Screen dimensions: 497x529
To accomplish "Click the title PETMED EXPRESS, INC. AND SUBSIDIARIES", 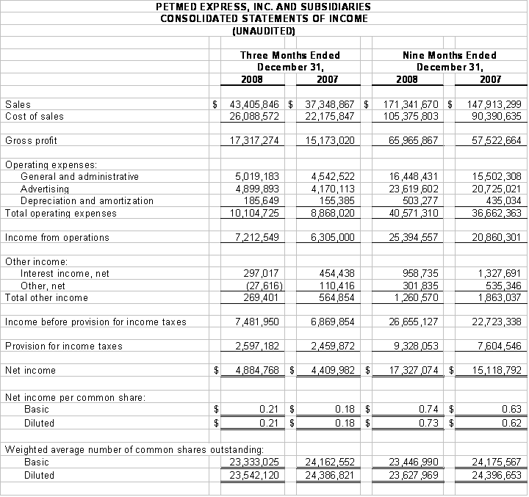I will pyautogui.click(x=264, y=7).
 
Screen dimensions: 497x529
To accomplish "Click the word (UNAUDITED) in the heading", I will pyautogui.click(x=264, y=31).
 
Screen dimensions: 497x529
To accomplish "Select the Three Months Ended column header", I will pyautogui.click(x=290, y=55).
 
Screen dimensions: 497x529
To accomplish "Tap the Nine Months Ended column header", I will pyautogui.click(x=449, y=55).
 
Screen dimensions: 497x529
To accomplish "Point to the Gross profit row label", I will pyautogui.click(x=31, y=140).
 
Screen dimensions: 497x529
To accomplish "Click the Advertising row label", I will pyautogui.click(x=45, y=189).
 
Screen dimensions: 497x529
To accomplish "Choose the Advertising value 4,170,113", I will pyautogui.click(x=333, y=189).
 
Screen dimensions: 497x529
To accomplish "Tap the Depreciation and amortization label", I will pyautogui.click(x=87, y=200).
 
